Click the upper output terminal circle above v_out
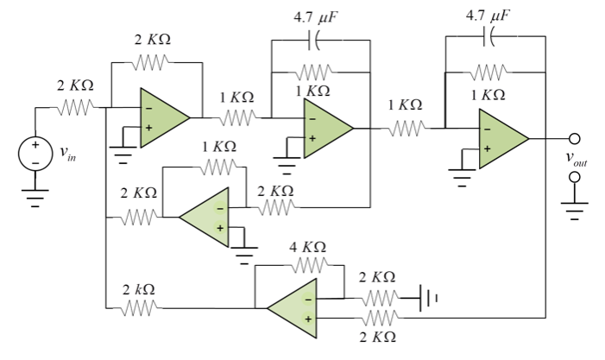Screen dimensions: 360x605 (574, 139)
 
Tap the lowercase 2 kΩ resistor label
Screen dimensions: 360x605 (139, 289)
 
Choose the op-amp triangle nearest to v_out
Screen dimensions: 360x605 (501, 139)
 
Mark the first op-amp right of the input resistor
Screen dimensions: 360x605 (163, 119)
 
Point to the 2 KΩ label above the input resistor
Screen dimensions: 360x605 (76, 86)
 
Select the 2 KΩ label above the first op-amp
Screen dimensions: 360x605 (153, 41)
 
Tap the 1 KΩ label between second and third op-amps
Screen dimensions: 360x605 (405, 104)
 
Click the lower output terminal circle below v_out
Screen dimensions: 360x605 (574, 177)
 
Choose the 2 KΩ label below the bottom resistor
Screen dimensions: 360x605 (377, 335)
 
